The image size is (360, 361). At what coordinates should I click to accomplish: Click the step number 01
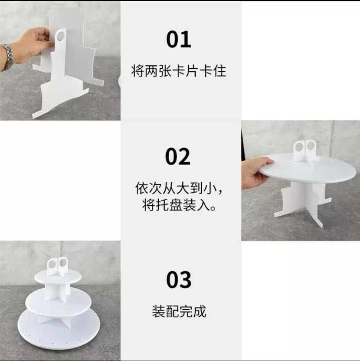(179, 40)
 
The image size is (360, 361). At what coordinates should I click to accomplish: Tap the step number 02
(178, 157)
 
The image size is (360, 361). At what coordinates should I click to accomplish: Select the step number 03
(179, 280)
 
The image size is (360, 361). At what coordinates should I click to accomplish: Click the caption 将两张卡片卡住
(179, 71)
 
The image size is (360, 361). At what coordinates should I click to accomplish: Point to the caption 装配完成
(179, 311)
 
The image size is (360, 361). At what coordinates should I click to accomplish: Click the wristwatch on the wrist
(7, 57)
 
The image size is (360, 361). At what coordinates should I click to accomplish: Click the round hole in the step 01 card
(60, 36)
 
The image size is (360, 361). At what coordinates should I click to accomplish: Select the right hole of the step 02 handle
(311, 145)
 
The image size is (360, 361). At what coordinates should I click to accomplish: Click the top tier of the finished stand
(58, 277)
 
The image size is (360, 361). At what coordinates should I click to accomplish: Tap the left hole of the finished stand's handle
(52, 264)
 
